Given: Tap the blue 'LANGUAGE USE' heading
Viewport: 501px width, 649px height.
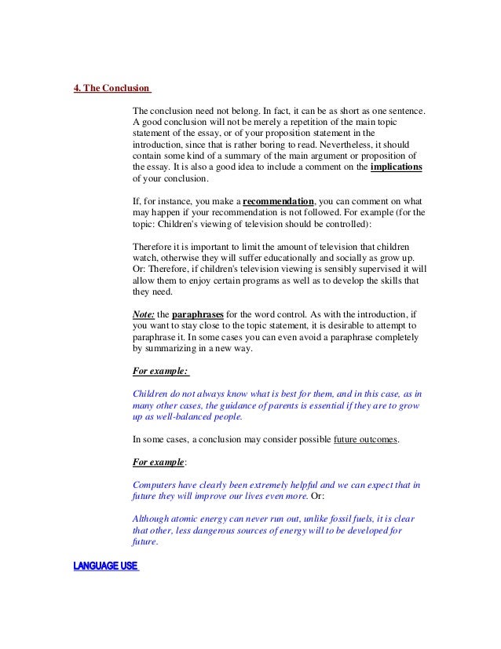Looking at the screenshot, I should [x=104, y=567].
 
